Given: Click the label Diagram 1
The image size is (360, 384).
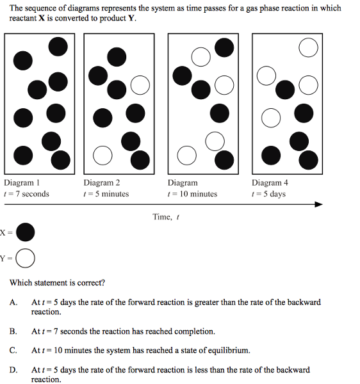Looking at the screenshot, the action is coord(22,182).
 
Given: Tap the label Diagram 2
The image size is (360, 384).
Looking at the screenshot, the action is coord(101,182).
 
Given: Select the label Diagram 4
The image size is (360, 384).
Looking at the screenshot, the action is coord(270,182).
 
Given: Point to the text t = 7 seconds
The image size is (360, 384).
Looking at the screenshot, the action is coord(26,194).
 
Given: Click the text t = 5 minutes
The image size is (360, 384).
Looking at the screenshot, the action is coord(106,194).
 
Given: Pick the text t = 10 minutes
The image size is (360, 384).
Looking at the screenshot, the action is coord(192,194).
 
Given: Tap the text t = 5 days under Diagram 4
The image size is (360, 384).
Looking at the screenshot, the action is coord(268,194).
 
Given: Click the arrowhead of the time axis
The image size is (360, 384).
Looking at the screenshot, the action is coord(318,204).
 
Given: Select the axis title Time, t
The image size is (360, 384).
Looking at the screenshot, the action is coord(166,217).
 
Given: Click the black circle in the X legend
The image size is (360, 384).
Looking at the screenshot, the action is coord(25,232).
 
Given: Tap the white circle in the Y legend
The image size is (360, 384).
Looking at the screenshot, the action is coord(25,258).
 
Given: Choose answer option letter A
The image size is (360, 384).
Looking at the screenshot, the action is coord(13,303).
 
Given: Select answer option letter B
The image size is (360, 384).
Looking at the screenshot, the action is coord(13,332).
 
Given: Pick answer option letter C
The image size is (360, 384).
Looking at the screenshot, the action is coord(13,351).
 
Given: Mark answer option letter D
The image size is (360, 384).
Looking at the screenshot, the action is coord(13,370).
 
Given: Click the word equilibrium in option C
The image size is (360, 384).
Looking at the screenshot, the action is coord(229,351).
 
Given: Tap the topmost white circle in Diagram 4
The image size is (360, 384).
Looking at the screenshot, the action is coord(309,47).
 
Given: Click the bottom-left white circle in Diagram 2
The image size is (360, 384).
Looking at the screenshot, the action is coord(102,156).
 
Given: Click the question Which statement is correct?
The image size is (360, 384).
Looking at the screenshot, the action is coord(57,283).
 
